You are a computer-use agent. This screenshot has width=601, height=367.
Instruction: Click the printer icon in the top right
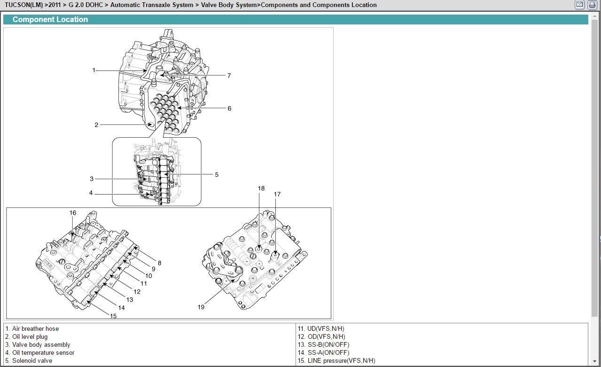pos(592,5)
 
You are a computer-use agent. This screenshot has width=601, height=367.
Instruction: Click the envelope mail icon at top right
pos(580,5)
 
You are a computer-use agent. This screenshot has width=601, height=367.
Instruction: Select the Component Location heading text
pos(50,19)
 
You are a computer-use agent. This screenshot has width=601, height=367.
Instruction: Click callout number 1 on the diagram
pos(94,70)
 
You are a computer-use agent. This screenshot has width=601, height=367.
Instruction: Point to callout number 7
pos(229,76)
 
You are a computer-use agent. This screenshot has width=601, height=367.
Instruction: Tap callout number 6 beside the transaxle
pos(229,109)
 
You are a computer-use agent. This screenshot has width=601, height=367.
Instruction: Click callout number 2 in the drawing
pos(96,125)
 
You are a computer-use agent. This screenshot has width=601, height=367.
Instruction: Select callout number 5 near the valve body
pos(217,175)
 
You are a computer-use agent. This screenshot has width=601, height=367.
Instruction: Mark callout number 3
pos(92,179)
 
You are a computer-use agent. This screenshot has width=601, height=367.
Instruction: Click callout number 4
pos(91,193)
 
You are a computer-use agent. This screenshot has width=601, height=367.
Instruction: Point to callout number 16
pos(73,213)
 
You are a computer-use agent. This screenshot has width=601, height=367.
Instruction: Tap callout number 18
pos(261,188)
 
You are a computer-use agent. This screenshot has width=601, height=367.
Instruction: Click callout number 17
pos(277,194)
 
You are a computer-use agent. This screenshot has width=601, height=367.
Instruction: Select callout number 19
pos(201,307)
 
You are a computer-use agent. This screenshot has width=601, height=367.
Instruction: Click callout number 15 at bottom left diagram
pos(113,316)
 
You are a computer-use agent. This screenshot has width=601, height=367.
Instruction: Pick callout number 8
pos(159,263)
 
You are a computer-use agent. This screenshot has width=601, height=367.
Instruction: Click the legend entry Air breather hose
pos(35,329)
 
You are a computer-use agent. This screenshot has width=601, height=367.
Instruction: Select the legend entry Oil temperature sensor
pos(43,353)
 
